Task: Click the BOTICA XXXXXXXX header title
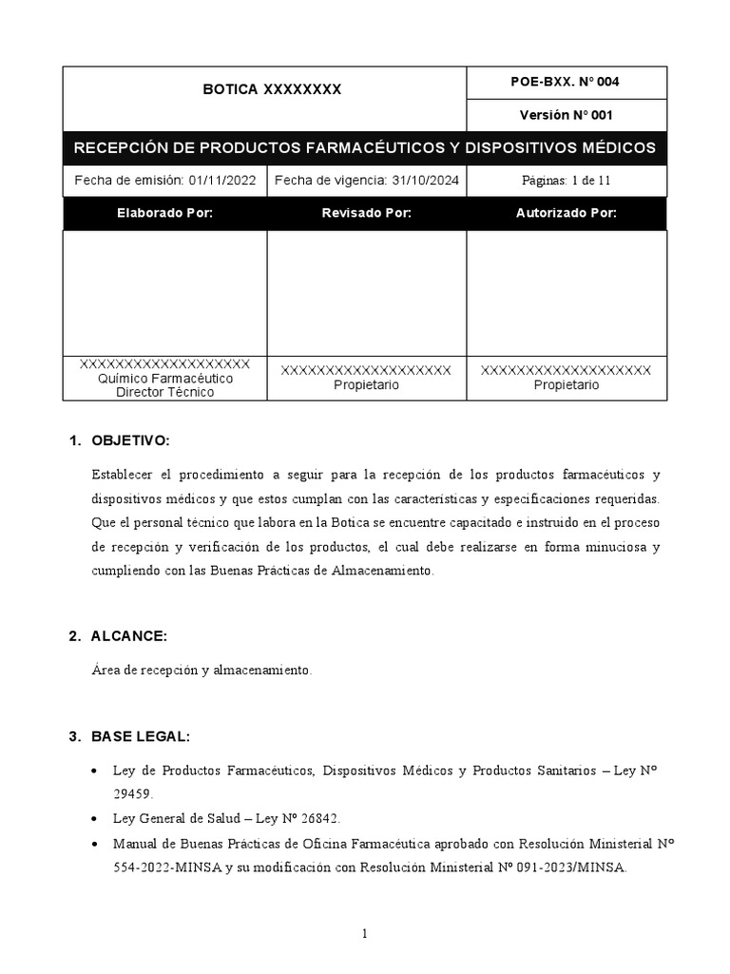tap(271, 90)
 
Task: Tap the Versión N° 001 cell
tap(566, 115)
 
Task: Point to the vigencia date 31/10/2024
tap(420, 180)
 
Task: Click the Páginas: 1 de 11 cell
tap(566, 180)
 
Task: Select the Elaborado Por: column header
tap(164, 213)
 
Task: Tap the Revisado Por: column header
tap(366, 213)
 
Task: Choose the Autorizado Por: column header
tap(566, 213)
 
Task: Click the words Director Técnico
tap(164, 392)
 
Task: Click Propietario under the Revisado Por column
tap(366, 385)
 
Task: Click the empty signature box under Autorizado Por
tap(566, 292)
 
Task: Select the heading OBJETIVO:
tap(130, 441)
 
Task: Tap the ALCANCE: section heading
tap(128, 636)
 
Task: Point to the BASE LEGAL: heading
tap(141, 737)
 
